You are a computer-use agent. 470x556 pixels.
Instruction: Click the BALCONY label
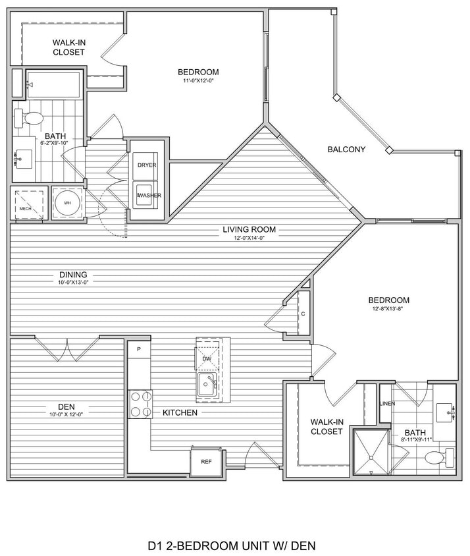(346, 150)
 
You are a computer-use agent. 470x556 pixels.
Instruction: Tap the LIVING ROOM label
(249, 230)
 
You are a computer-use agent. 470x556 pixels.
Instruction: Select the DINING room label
(72, 275)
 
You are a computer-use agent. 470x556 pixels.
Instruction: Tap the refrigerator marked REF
(205, 461)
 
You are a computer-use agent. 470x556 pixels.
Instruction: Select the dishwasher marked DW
(207, 358)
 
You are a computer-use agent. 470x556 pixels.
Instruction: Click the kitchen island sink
(207, 383)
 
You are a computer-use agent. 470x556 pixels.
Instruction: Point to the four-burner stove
(140, 404)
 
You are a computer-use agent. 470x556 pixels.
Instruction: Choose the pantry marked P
(139, 349)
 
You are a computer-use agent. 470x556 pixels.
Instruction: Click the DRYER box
(147, 165)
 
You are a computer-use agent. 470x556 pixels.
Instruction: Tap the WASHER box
(148, 195)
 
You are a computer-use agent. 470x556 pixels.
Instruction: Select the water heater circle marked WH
(67, 203)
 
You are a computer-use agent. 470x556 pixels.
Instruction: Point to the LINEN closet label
(387, 403)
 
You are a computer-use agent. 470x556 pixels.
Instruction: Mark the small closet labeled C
(303, 314)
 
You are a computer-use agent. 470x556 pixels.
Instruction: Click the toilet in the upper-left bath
(29, 119)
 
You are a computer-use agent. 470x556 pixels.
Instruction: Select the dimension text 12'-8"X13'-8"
(388, 311)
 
